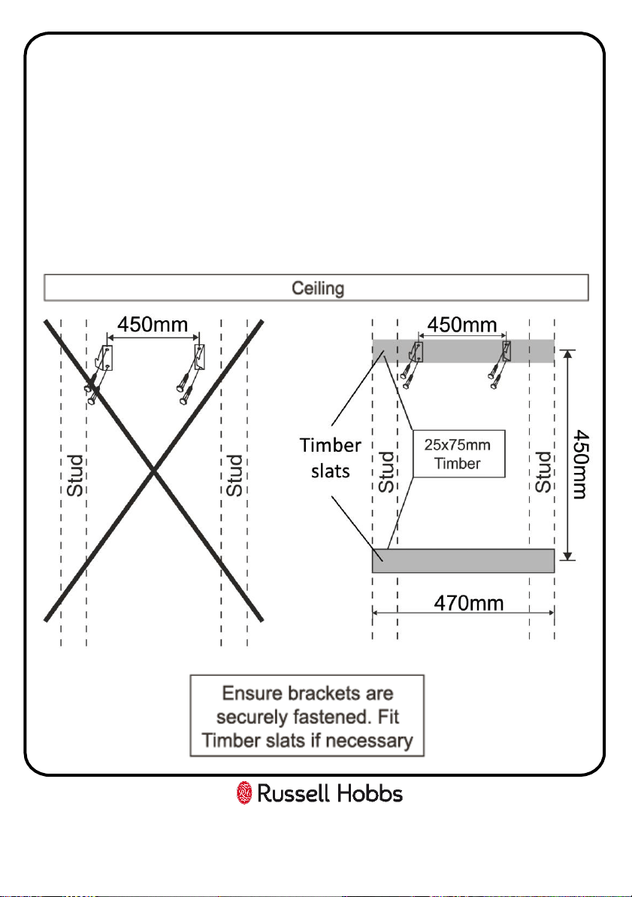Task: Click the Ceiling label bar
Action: point(316,288)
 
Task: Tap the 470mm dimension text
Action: point(468,603)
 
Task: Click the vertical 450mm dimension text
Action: point(581,464)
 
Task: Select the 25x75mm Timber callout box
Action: point(458,453)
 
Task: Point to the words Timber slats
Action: point(331,458)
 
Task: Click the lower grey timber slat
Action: point(463,561)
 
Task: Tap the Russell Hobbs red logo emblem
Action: point(244,793)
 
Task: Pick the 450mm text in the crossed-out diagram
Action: point(153,324)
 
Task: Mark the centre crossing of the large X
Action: point(153,470)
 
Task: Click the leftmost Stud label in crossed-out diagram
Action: point(75,475)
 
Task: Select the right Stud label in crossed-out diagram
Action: point(234,475)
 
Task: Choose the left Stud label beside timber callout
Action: point(386,472)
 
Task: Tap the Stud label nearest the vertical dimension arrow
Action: point(543,472)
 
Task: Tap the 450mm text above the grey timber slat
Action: point(462,325)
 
